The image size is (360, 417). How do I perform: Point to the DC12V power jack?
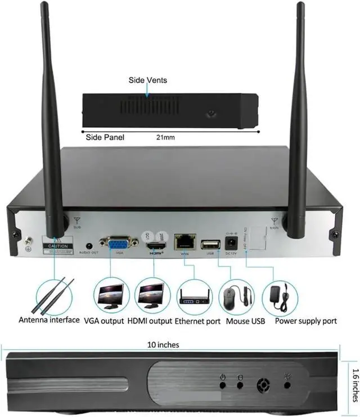[231, 243]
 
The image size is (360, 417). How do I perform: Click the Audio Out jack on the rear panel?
[88, 246]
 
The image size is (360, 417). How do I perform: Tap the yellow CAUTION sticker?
[58, 245]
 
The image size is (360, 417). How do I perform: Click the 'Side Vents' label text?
[148, 80]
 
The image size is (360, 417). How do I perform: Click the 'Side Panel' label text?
[105, 137]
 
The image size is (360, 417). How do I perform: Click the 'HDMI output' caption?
[149, 321]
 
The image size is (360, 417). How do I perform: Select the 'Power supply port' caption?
[306, 321]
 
